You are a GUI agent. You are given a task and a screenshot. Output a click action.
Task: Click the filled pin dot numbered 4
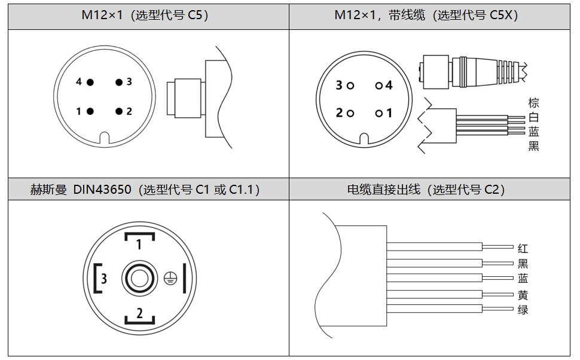click(x=90, y=82)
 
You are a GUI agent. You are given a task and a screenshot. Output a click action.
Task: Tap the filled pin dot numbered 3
click(x=119, y=82)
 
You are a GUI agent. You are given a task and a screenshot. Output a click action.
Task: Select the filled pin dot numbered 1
click(x=90, y=111)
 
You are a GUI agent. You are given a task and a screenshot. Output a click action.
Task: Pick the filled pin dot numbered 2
click(x=119, y=111)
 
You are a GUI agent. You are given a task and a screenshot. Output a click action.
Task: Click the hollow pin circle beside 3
click(x=350, y=86)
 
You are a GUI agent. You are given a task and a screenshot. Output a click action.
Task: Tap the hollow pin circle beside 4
click(x=378, y=86)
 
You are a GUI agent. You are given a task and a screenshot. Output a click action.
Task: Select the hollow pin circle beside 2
click(x=350, y=113)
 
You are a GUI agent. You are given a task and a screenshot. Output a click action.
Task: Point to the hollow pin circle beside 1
click(x=378, y=113)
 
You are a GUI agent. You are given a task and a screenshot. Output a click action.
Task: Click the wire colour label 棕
click(x=533, y=103)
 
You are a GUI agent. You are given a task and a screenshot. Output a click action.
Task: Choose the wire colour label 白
click(x=533, y=117)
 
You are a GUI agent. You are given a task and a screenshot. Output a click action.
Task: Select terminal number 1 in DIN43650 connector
click(x=139, y=243)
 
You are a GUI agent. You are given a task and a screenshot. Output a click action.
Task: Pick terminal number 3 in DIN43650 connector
click(x=104, y=278)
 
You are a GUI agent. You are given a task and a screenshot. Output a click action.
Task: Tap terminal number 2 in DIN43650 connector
click(x=139, y=312)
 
